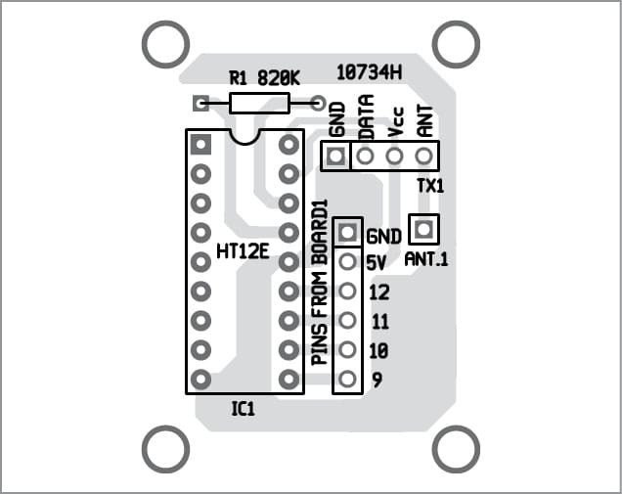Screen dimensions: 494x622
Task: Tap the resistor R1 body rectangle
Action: click(x=259, y=102)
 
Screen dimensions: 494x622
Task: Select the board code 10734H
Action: click(x=369, y=70)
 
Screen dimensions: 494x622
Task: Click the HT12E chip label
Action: click(x=243, y=251)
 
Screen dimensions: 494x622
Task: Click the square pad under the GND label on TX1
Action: click(x=336, y=155)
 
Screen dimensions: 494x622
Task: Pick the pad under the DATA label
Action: click(x=365, y=155)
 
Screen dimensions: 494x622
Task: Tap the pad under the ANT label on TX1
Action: click(x=423, y=155)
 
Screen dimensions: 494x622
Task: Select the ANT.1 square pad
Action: click(x=423, y=229)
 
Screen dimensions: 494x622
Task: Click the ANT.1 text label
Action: click(x=425, y=260)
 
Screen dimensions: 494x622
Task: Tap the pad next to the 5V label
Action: click(x=347, y=261)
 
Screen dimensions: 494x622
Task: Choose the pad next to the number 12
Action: click(x=347, y=291)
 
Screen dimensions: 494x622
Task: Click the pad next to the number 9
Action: click(x=347, y=379)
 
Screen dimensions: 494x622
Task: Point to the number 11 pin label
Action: click(x=380, y=321)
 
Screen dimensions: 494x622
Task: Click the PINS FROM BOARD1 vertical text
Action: click(x=319, y=284)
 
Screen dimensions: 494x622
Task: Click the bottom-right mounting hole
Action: click(x=455, y=450)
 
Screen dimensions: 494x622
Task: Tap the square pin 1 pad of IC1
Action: click(x=201, y=145)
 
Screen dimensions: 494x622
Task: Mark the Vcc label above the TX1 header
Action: click(x=395, y=123)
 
